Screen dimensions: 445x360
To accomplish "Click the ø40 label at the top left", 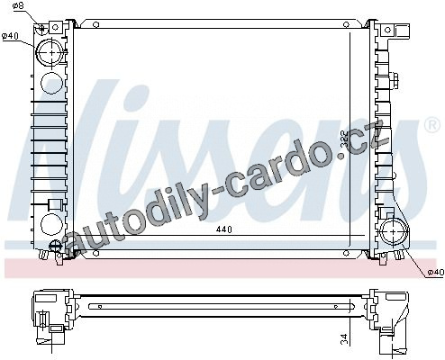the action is pos(10,36).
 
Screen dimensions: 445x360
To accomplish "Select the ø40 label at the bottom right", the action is pos(436,272).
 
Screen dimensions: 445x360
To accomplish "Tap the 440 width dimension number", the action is pos(224,229).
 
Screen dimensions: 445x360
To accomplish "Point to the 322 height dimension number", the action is pos(345,139).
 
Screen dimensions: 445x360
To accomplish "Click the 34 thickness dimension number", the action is pos(344,338).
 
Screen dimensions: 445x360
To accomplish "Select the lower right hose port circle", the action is pos(395,232).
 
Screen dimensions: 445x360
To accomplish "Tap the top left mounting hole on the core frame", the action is pos(95,24).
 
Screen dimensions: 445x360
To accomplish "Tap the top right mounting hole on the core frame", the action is pos(346,24).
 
